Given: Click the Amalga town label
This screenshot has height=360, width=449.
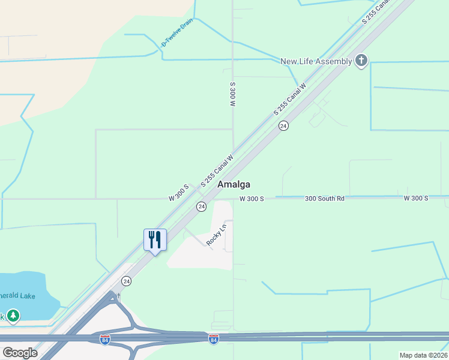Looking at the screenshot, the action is (x=234, y=185).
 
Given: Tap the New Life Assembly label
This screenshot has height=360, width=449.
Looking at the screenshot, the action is (x=316, y=61).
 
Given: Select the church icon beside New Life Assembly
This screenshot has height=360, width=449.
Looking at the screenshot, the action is (x=361, y=61).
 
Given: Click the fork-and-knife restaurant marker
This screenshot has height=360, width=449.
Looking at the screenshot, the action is (x=155, y=240).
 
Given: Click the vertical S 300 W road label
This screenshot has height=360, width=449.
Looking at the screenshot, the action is (x=232, y=94).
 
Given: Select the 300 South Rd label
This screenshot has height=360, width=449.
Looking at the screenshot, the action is (x=324, y=198).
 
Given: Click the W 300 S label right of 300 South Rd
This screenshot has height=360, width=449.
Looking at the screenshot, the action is (x=416, y=198).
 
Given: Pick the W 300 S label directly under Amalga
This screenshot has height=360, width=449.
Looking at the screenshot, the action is (x=252, y=199).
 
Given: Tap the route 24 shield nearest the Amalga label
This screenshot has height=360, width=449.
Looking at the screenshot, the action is (x=201, y=206).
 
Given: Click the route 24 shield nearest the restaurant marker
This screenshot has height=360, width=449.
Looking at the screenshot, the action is (x=126, y=281).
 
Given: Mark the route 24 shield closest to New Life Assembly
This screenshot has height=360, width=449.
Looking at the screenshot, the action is (x=283, y=125).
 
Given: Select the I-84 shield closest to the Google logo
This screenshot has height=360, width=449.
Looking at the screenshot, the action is (x=104, y=340).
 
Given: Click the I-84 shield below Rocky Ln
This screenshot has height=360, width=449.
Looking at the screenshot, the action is (x=213, y=340).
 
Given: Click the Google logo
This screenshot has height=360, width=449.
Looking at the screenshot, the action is (x=20, y=353).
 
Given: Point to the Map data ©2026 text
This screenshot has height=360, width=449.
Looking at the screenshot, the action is (x=424, y=355).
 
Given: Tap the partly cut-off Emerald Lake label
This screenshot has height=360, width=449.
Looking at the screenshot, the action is (x=18, y=296).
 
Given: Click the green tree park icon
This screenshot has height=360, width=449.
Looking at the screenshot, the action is (x=13, y=316).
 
